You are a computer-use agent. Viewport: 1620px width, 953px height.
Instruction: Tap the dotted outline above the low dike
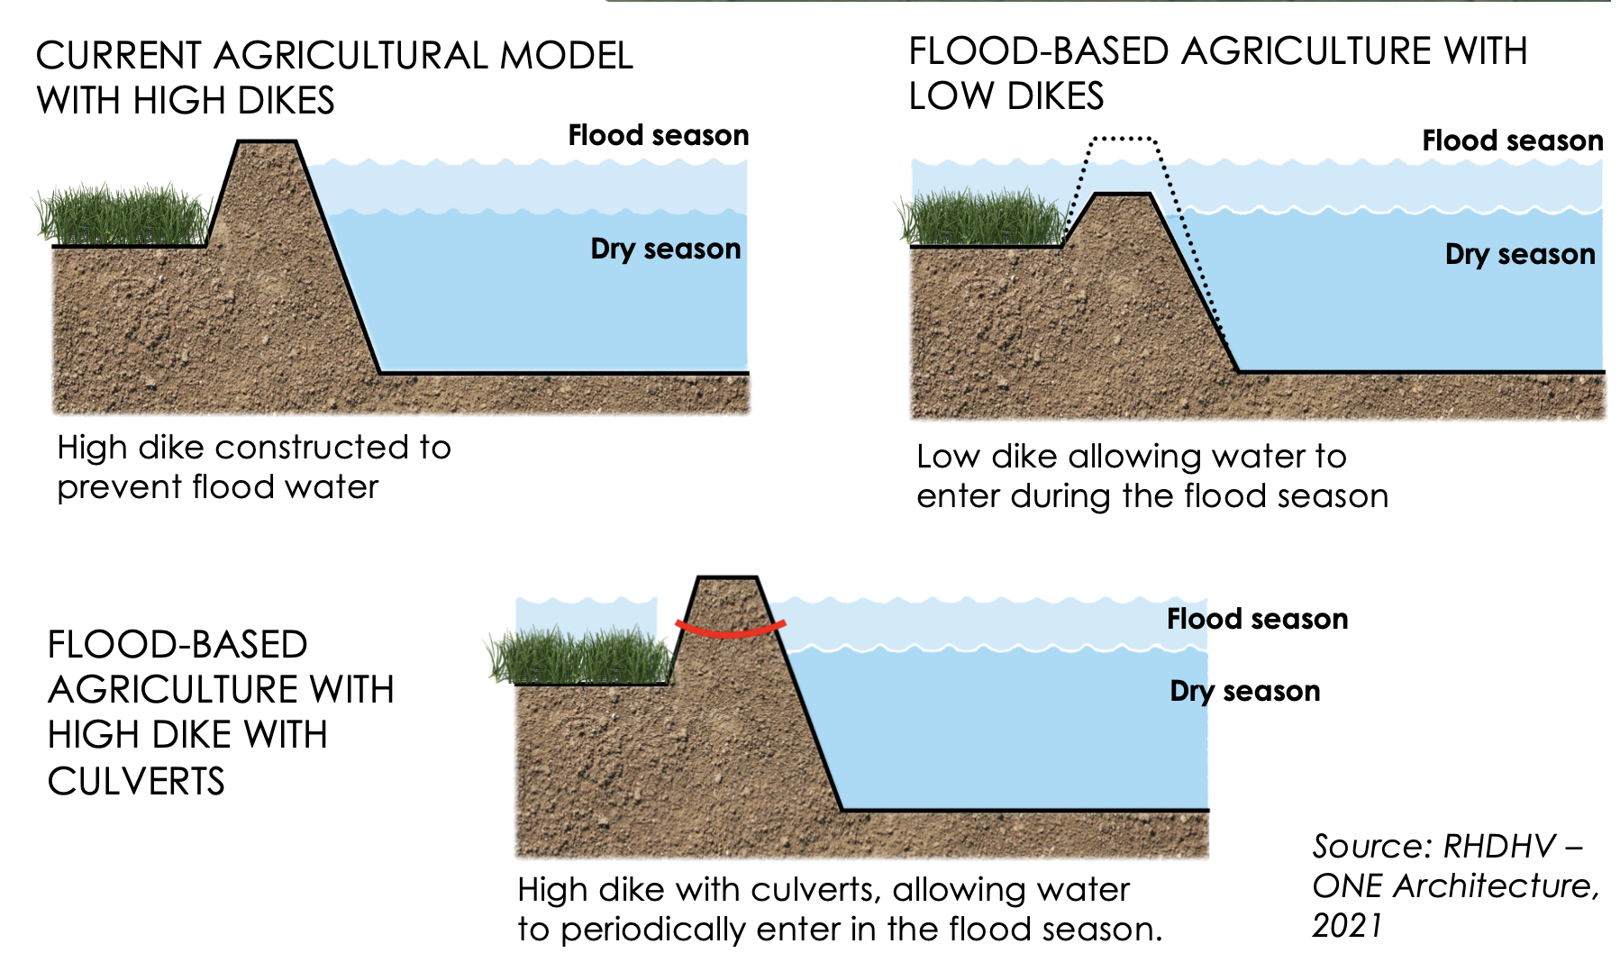point(1123,139)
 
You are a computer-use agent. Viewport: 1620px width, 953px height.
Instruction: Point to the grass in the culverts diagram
point(581,656)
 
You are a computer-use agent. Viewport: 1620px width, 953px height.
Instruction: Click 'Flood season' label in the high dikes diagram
point(658,136)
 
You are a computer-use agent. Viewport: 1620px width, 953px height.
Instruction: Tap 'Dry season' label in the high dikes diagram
point(665,249)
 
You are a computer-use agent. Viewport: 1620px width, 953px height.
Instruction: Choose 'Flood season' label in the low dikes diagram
point(1512,141)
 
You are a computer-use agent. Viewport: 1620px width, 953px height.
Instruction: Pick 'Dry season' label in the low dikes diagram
point(1519,255)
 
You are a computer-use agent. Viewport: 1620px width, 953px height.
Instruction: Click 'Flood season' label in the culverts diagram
point(1257,619)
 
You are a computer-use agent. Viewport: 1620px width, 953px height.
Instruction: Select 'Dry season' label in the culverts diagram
point(1244,691)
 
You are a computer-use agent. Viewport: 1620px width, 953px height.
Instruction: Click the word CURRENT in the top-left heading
point(119,56)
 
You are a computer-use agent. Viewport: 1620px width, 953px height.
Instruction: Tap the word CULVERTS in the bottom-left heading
point(136,781)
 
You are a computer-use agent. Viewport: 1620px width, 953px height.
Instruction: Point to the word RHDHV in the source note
point(1499,847)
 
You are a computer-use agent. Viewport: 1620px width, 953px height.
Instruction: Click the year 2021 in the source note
point(1346,925)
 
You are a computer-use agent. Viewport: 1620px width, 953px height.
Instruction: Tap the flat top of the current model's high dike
point(267,141)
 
